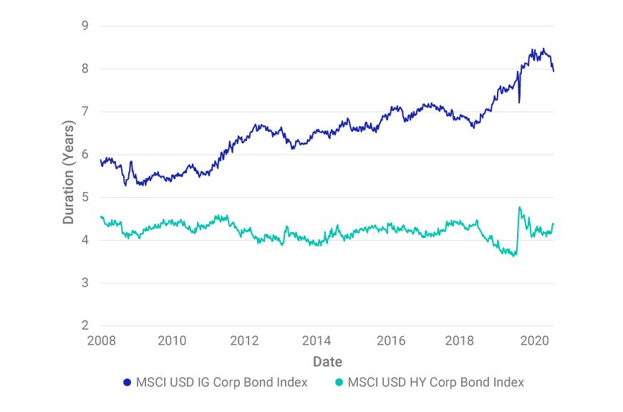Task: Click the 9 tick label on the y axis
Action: click(84, 27)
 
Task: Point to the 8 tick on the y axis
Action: click(84, 70)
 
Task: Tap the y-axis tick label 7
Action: click(84, 112)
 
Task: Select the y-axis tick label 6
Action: click(84, 155)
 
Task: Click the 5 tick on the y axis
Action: click(84, 198)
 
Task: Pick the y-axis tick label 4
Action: click(84, 240)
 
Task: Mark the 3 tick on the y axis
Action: click(84, 283)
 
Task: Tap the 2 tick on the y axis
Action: click(84, 326)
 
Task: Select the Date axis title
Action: click(327, 361)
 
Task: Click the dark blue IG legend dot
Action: click(127, 383)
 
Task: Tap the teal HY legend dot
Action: click(339, 383)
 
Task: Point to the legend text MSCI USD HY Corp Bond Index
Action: click(435, 383)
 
